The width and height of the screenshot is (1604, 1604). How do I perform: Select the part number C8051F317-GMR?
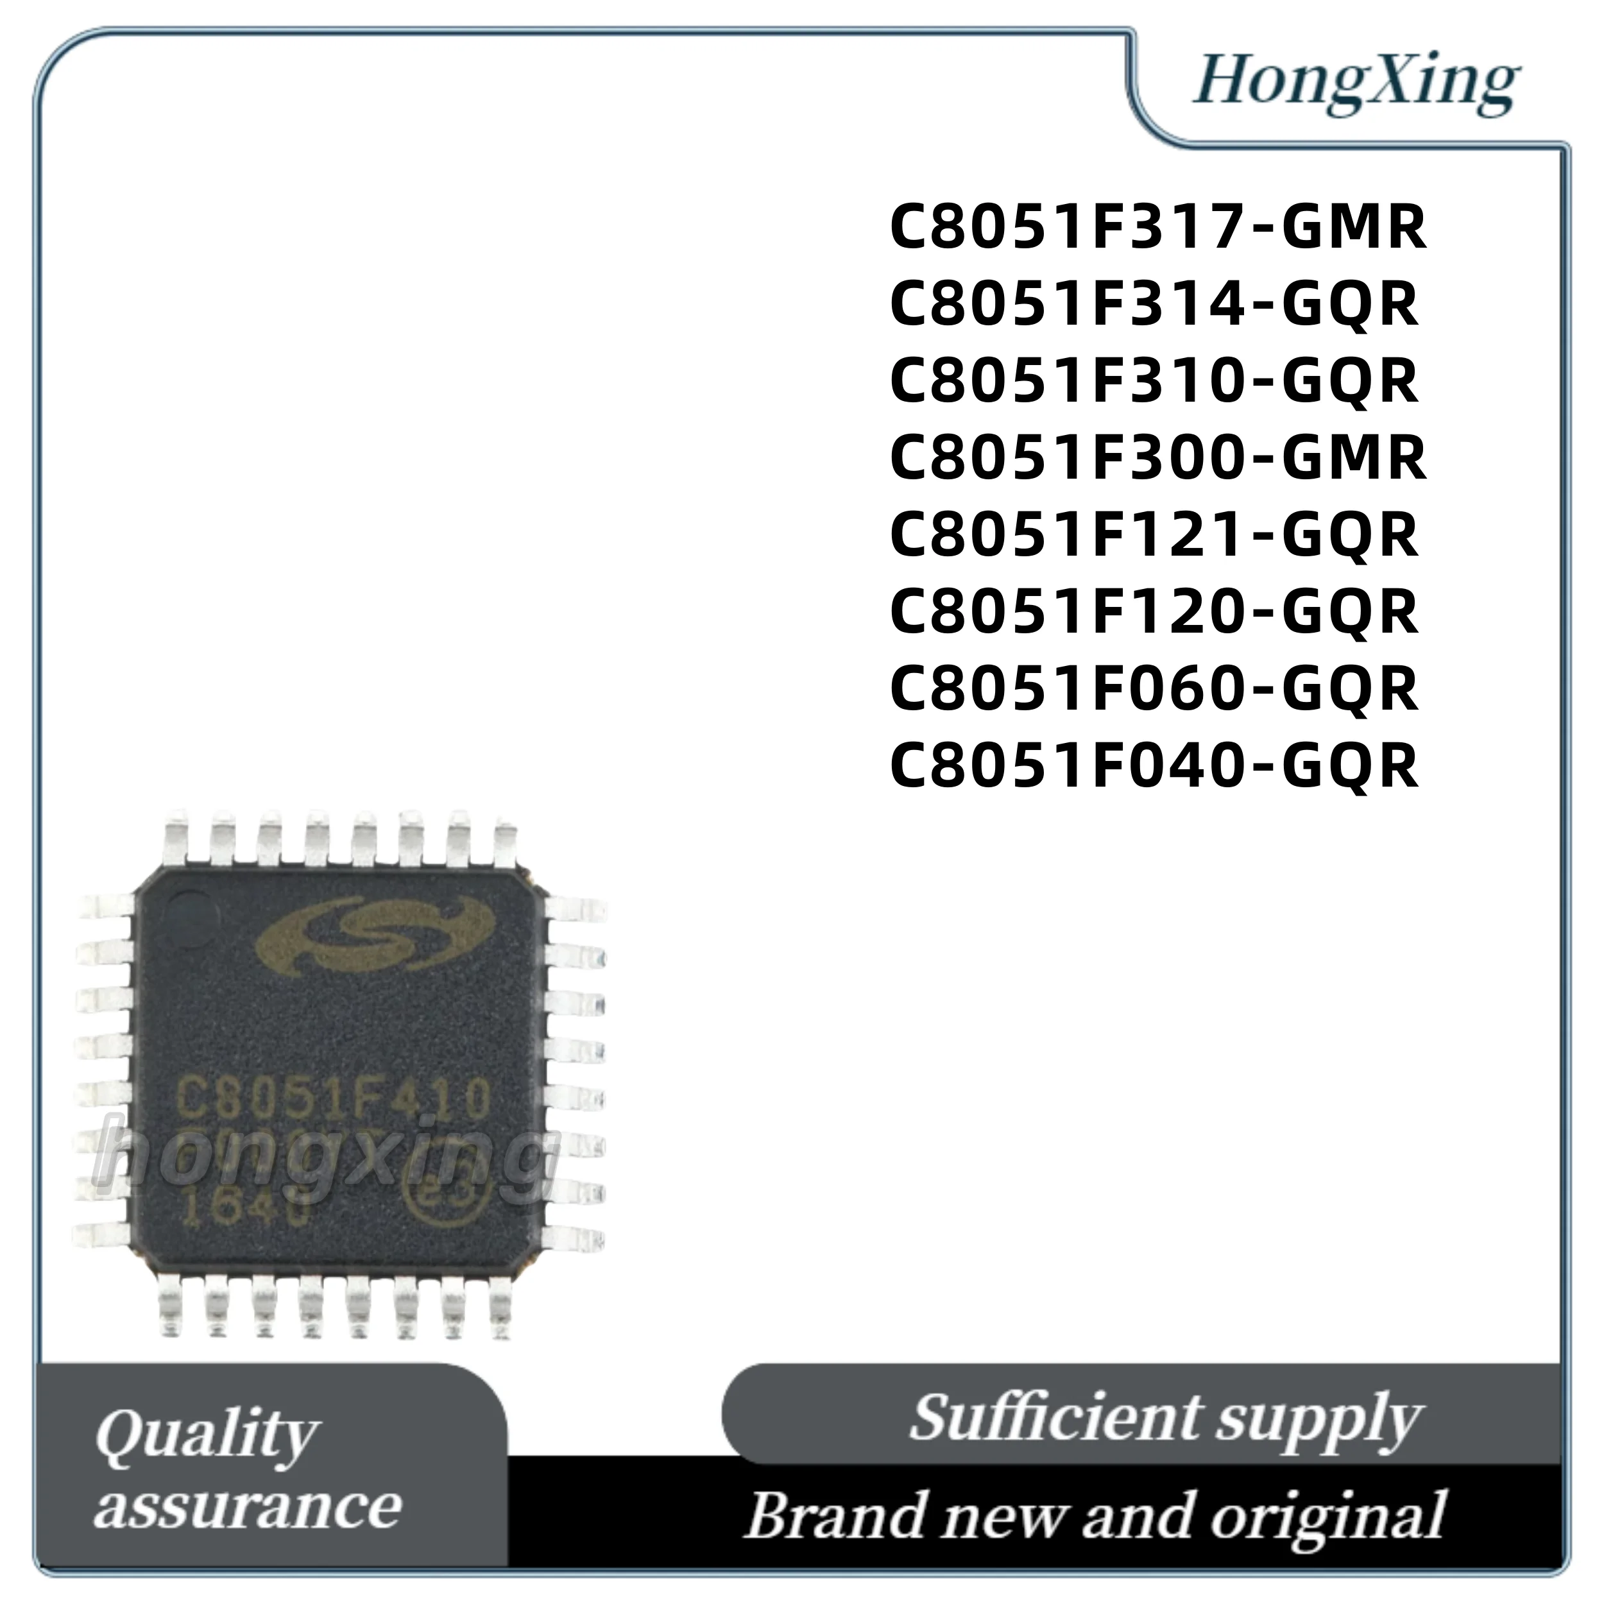(1157, 228)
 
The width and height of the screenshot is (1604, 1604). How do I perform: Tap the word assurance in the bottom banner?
(248, 1506)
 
